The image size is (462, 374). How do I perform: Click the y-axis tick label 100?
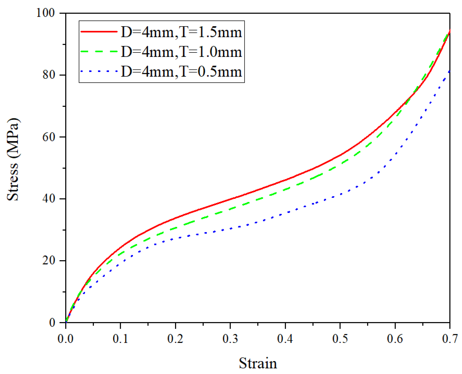coord(46,13)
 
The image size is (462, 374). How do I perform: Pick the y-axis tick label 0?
coord(52,323)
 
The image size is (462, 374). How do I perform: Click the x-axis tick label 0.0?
coord(65,339)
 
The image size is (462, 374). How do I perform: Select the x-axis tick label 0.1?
coord(121,339)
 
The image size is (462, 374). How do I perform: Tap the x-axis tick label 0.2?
coord(175,339)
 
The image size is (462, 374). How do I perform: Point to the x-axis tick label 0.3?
coord(230,339)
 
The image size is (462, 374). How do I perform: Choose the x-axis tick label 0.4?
coord(285,339)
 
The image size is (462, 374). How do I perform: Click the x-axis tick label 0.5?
coord(340,339)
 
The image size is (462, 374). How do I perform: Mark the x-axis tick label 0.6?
coord(395,339)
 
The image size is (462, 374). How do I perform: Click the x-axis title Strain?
coord(258,363)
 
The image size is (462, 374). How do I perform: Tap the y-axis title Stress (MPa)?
coord(13,159)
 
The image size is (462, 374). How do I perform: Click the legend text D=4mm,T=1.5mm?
coord(181,32)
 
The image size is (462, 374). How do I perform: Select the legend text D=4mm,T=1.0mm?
coord(181,52)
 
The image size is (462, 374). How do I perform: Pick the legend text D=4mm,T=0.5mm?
coord(181,71)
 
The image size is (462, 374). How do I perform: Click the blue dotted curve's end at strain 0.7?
coord(449,71)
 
